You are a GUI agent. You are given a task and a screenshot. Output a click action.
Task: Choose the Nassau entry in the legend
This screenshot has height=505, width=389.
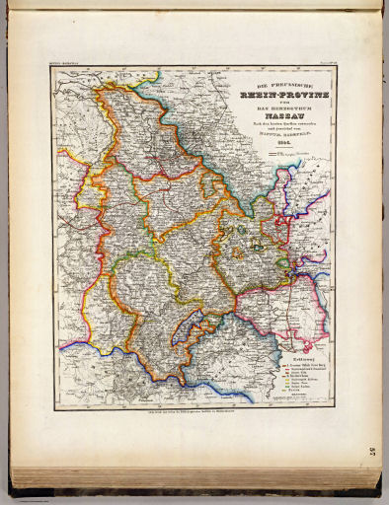coord(293,391)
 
